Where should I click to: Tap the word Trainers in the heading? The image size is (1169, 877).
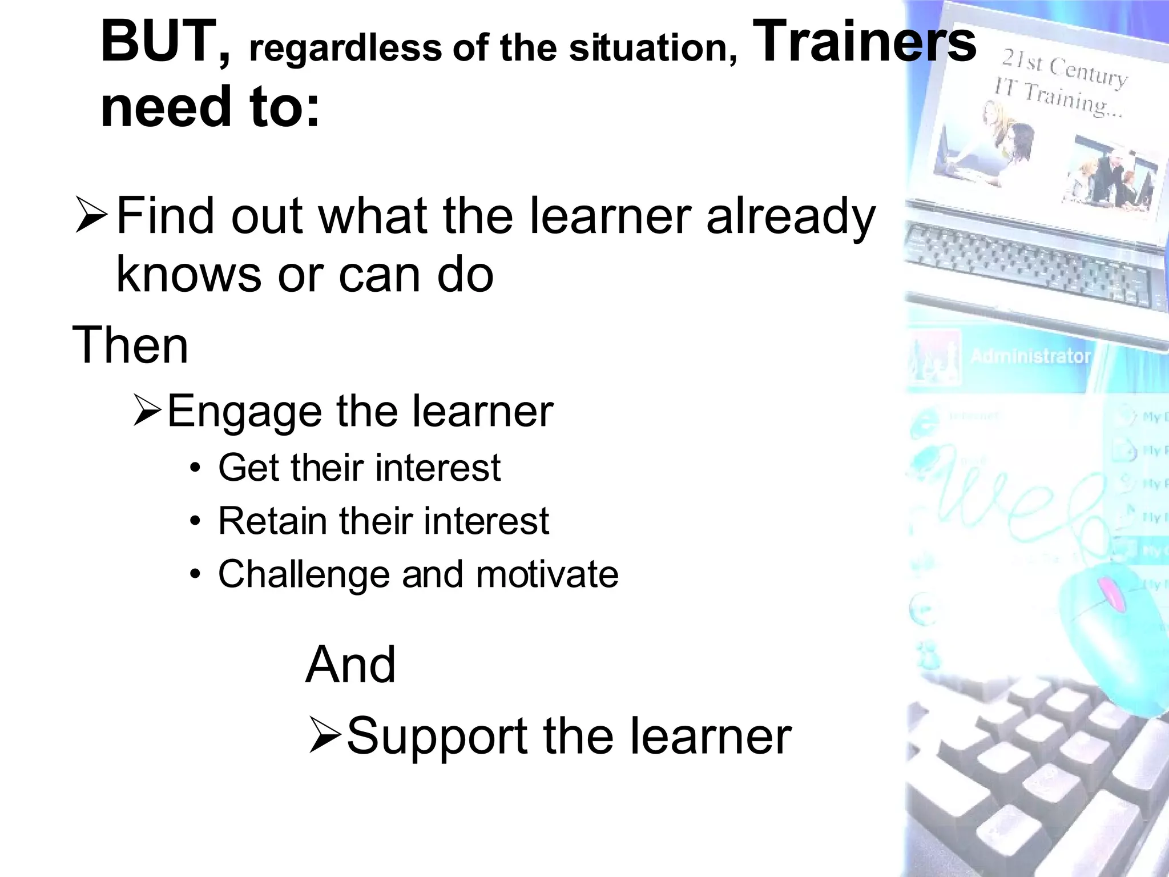click(x=865, y=41)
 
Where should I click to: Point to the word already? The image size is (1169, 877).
click(x=790, y=217)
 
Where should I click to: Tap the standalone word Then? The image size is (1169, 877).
click(x=130, y=345)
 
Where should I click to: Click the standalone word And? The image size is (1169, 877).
click(x=350, y=665)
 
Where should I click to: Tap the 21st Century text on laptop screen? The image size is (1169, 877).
click(x=1065, y=69)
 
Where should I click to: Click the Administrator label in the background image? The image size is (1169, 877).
click(x=1030, y=356)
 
